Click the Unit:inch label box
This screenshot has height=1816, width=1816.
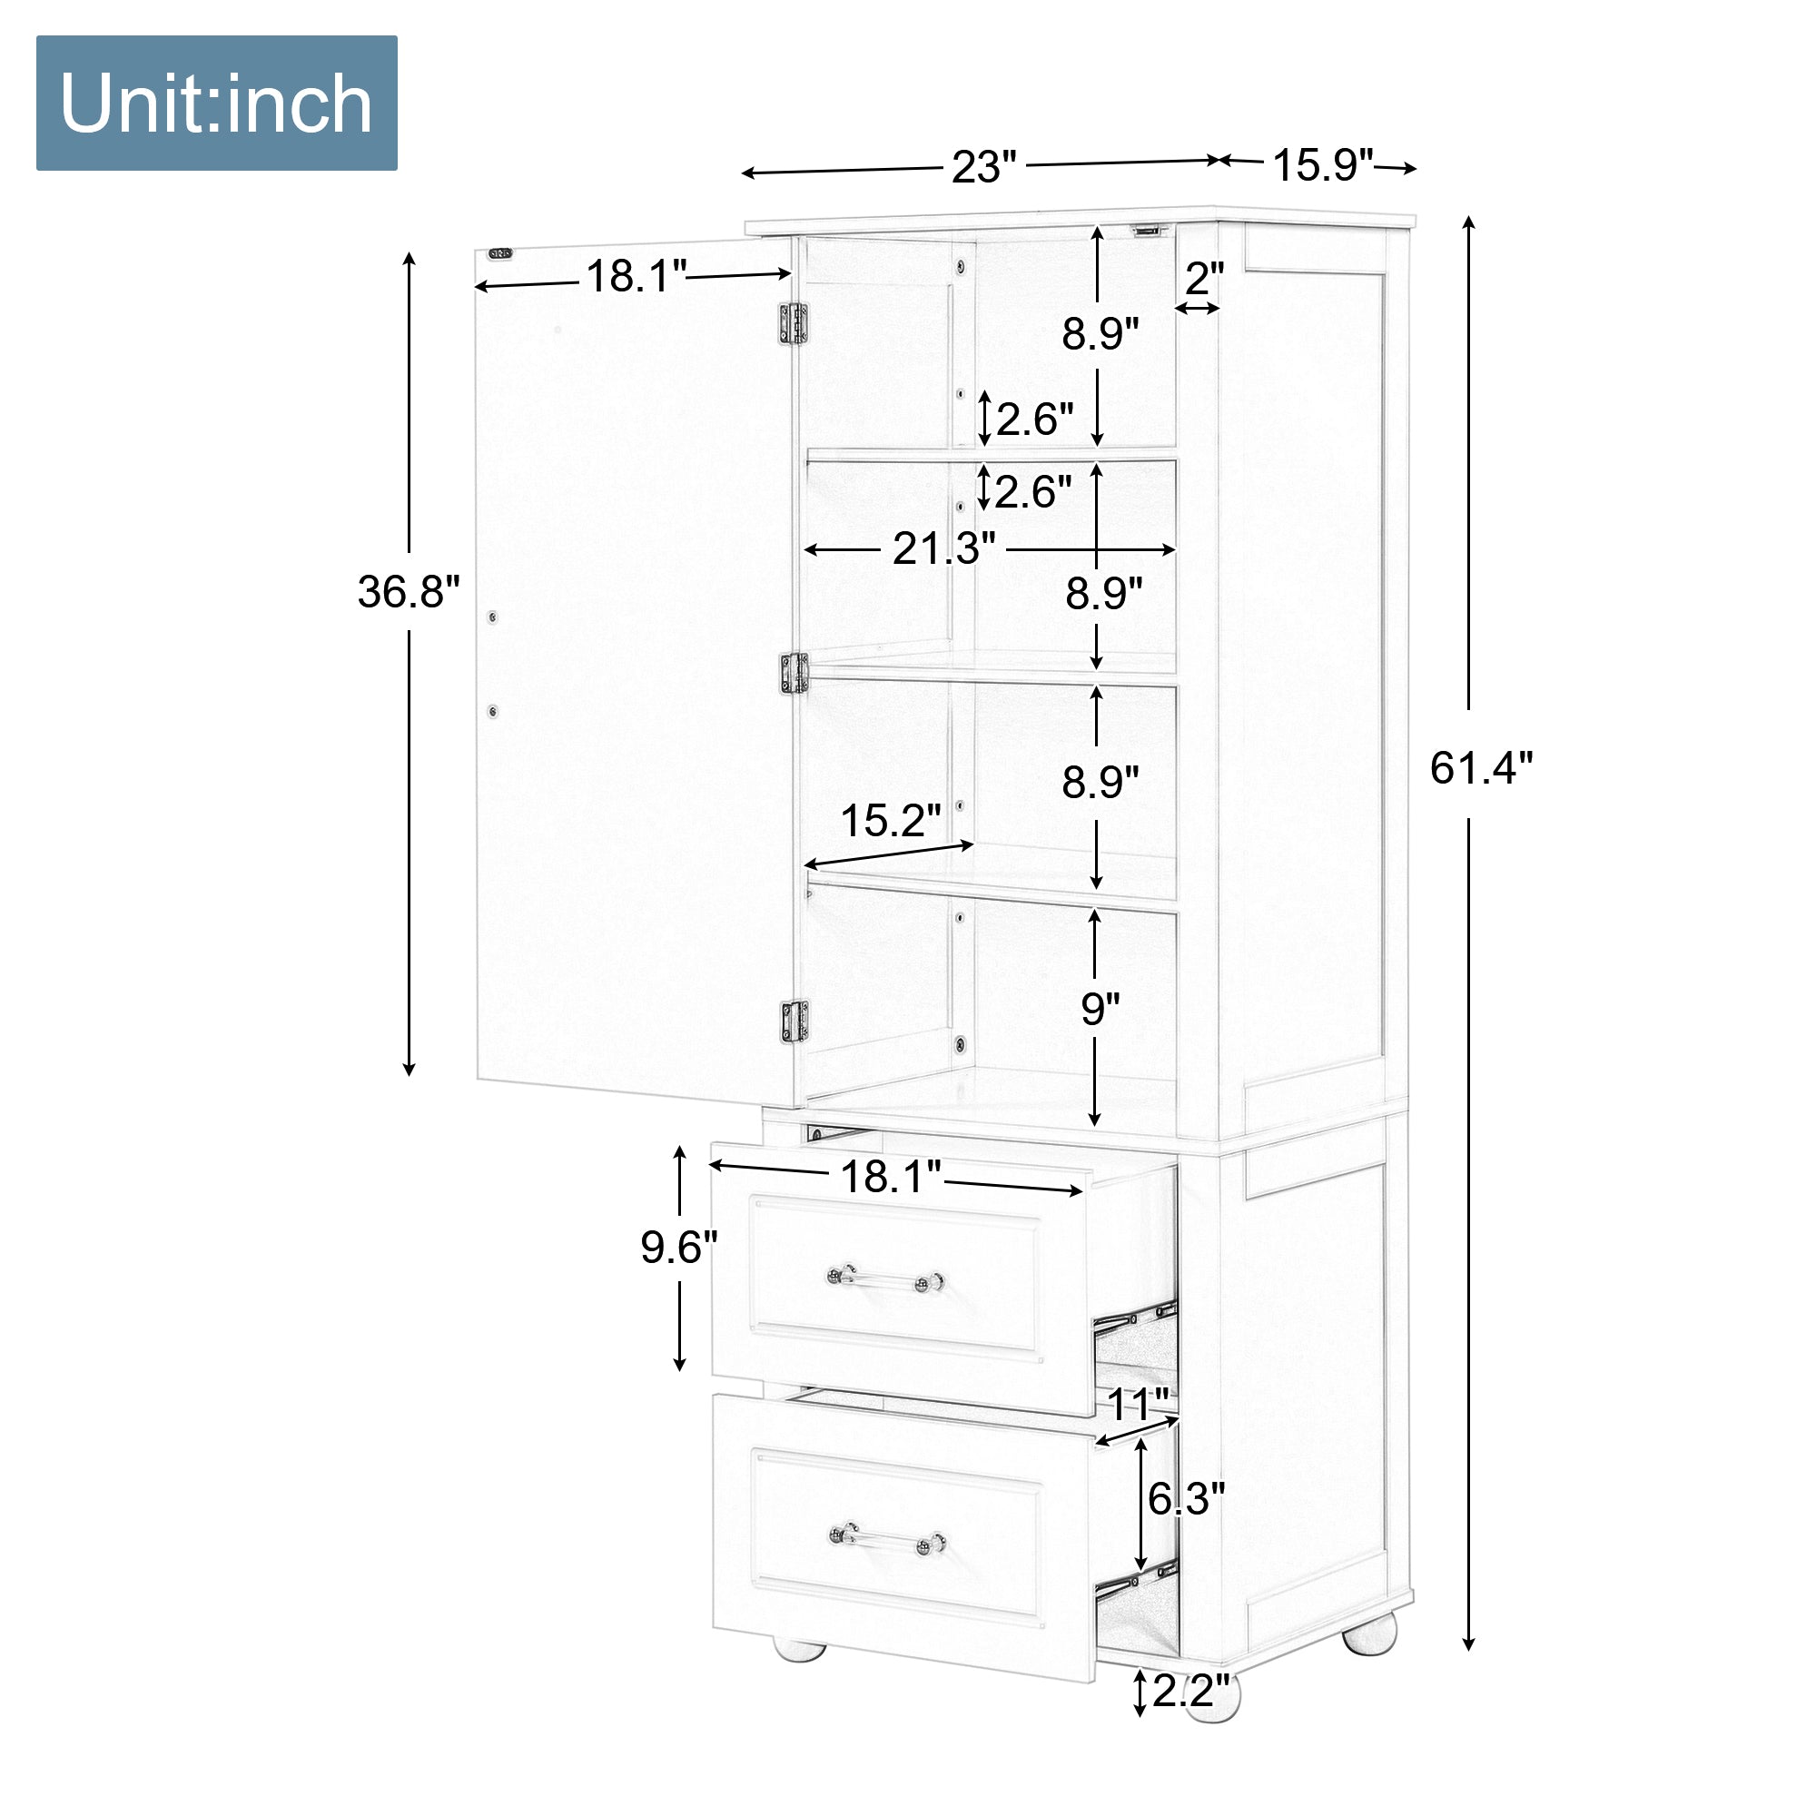(x=216, y=103)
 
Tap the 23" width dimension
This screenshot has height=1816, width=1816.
(x=984, y=167)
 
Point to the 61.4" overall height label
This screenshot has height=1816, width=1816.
(x=1480, y=768)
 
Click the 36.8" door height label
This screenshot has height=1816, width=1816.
(x=409, y=591)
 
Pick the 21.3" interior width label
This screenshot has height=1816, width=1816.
(x=943, y=549)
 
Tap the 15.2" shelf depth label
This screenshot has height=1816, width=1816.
(x=890, y=821)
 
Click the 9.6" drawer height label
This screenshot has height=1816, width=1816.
(x=678, y=1248)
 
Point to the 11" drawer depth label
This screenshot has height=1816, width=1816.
(x=1139, y=1405)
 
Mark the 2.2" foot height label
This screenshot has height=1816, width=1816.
(x=1191, y=1691)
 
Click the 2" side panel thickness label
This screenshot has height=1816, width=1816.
(x=1204, y=278)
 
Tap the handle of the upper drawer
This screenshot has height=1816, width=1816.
(x=885, y=1278)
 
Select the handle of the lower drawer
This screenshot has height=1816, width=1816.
(x=887, y=1540)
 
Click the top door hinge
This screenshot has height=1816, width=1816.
(x=794, y=323)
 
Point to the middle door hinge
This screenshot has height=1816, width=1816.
(x=794, y=674)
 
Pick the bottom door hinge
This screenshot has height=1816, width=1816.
(x=795, y=1021)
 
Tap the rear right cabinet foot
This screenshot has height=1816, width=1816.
(x=1369, y=1633)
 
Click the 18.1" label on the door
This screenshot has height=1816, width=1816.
(x=637, y=276)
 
